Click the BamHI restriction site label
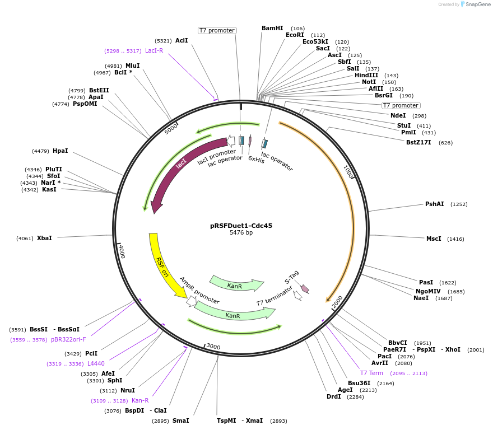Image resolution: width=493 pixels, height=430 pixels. point(272,29)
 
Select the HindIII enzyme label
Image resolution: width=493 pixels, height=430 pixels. point(366,76)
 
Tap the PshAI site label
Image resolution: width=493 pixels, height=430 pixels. point(434,204)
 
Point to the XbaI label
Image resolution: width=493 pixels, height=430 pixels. point(44,239)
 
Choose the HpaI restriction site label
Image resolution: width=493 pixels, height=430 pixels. point(60,151)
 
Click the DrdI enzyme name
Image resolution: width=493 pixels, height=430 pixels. point(333,397)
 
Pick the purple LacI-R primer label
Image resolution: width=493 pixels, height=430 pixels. point(154,51)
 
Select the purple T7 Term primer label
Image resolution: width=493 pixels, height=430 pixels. point(371,373)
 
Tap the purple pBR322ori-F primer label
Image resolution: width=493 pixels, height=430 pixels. point(68,339)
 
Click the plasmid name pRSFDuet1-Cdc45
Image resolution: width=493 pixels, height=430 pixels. point(241,226)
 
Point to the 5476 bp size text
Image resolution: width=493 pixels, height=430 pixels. point(241,233)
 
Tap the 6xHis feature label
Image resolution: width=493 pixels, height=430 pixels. point(256,158)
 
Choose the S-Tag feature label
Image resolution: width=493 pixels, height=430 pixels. point(292,277)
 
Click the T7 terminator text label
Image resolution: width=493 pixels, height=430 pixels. point(275,296)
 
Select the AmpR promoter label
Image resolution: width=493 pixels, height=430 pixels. point(199,291)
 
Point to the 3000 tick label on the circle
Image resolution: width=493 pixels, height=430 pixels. point(213,347)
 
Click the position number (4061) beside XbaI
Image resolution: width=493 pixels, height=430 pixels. point(25,239)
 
